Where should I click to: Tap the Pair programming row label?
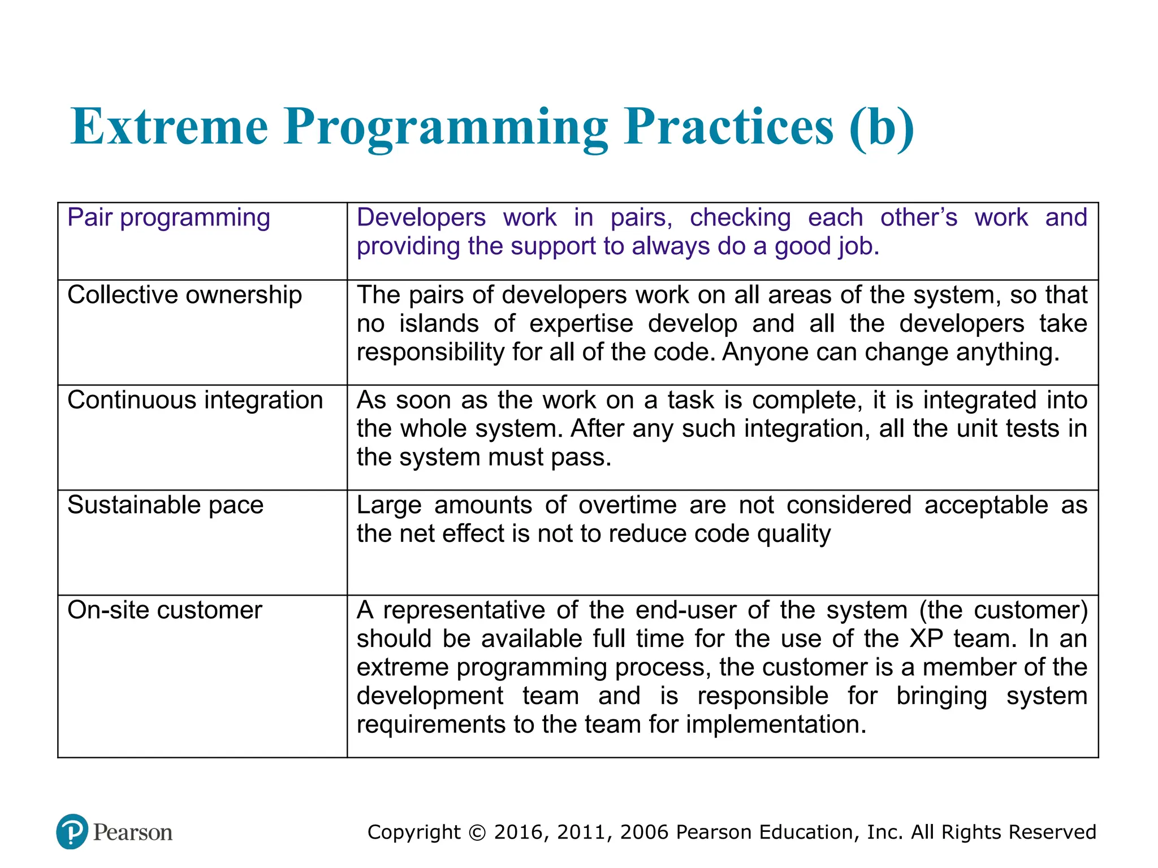168,218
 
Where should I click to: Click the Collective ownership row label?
184,295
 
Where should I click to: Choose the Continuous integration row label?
195,400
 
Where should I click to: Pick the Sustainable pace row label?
165,505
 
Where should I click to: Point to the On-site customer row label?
165,610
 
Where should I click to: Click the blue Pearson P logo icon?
72,831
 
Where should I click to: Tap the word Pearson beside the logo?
133,832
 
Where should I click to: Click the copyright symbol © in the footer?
477,832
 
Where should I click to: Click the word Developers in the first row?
421,218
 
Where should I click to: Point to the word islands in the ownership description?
439,324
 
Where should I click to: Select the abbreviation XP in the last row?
926,639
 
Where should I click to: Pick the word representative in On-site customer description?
464,610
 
